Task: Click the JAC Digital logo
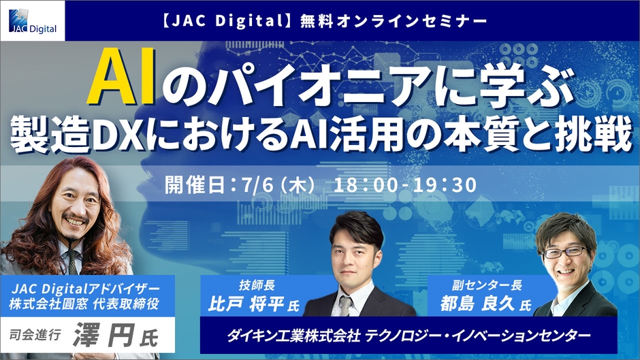coord(33,21)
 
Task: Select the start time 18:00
coord(366,185)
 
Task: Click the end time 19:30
coord(445,185)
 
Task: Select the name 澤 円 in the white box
coord(103,336)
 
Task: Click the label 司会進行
coord(35,335)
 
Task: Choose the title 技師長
coord(257,285)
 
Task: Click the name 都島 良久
coord(477,304)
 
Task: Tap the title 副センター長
coord(487,285)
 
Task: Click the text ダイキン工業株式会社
coord(293,336)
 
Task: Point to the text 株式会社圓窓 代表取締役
coord(84,304)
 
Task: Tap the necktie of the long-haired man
coord(73,261)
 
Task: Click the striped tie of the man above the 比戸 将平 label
coord(346,306)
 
